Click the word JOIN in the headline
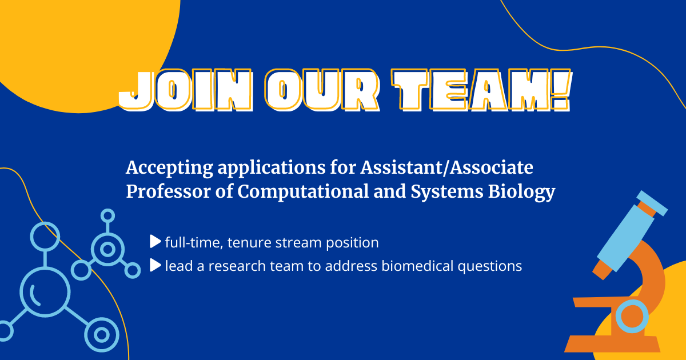[x=186, y=90]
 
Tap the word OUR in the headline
[x=322, y=90]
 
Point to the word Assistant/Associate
[x=447, y=167]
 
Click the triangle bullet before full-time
[x=155, y=242]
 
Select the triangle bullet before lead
[x=155, y=265]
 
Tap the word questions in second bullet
[x=490, y=266]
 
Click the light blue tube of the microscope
[x=625, y=239]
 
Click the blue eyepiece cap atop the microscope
[x=652, y=203]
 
